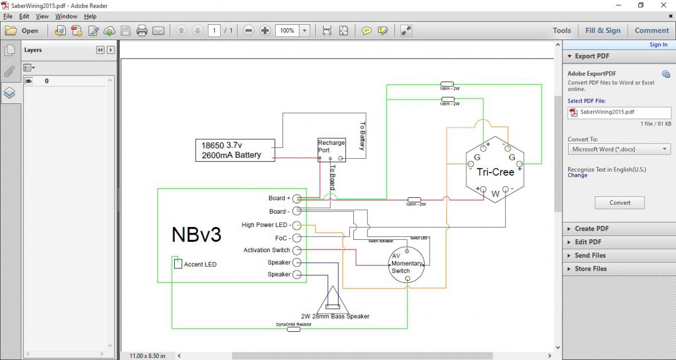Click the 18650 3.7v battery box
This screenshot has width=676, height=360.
235,150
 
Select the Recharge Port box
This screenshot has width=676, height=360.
331,150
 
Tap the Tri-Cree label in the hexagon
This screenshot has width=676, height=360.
495,172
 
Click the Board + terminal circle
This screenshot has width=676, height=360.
297,199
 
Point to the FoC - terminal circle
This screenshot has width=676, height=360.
297,238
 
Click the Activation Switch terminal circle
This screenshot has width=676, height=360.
297,250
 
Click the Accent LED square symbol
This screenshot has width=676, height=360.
178,264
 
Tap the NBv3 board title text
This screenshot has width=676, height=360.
196,234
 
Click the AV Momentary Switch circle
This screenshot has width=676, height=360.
406,264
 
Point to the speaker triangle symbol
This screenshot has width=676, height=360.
333,301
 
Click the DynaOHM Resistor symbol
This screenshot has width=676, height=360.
293,329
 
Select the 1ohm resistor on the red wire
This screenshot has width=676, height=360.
414,199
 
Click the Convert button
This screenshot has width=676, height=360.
619,202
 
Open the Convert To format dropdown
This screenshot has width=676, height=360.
619,149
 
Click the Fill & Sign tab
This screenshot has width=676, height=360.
603,30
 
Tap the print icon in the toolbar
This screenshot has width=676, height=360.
142,31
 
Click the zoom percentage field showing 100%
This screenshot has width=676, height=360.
287,31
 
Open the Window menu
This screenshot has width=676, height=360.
66,16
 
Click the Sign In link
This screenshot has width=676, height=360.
658,45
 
